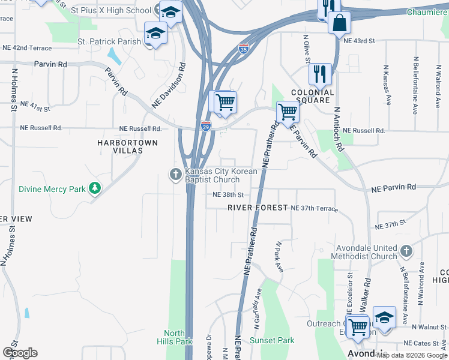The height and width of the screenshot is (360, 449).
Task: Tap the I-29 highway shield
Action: (205, 127)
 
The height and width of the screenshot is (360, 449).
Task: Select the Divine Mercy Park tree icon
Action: (94, 188)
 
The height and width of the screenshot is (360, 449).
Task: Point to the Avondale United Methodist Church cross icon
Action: (406, 251)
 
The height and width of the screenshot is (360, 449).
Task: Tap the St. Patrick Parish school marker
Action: (156, 34)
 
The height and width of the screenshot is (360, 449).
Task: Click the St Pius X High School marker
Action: (170, 13)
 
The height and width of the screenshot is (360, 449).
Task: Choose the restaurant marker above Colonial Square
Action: (320, 74)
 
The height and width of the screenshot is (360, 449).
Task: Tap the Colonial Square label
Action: (312, 97)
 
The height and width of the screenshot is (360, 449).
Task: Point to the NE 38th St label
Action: (228, 195)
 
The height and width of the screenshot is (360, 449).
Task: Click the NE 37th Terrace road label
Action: (314, 208)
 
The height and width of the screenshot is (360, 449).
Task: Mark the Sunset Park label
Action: (272, 340)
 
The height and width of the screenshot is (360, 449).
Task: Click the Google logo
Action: (20, 353)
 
